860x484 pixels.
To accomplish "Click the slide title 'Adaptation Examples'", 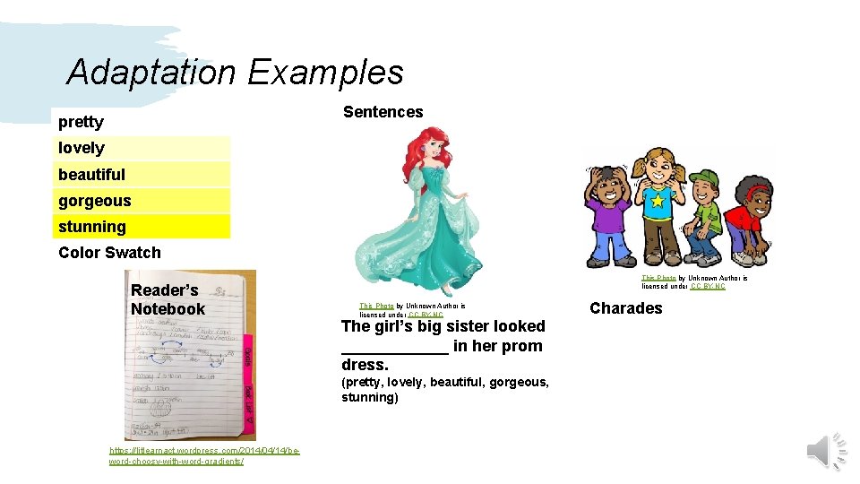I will [x=235, y=72].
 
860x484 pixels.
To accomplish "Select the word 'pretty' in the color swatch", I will [x=81, y=122].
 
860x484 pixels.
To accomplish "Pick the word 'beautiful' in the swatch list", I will [x=91, y=174].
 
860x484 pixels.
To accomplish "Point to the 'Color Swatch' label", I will [x=109, y=253].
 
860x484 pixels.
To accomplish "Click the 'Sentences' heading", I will [x=383, y=112].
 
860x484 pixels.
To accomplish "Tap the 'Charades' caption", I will [x=625, y=308].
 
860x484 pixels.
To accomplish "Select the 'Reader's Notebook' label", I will [x=168, y=299].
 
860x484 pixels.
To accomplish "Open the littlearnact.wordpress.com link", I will [x=204, y=455].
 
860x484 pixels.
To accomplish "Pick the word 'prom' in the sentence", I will [x=522, y=346].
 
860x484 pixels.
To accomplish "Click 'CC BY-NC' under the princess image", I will [x=426, y=315].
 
